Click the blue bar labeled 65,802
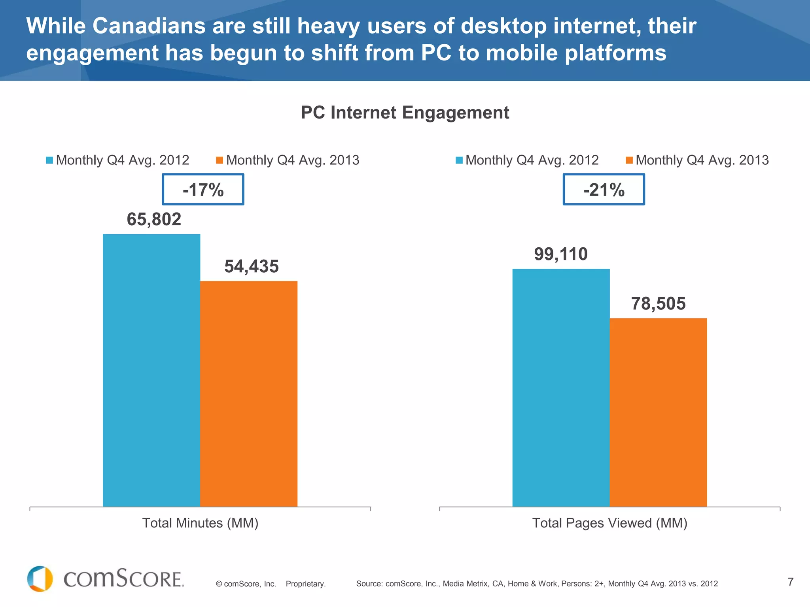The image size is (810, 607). [x=151, y=370]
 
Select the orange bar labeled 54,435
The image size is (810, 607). [x=249, y=394]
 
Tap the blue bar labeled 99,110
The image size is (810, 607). [x=561, y=388]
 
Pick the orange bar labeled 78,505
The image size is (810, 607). [x=658, y=412]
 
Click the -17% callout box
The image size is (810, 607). [x=203, y=189]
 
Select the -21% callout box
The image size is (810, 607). [x=604, y=189]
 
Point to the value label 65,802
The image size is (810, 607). [x=154, y=219]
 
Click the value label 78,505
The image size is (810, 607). [x=658, y=303]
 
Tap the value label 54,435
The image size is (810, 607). [x=252, y=266]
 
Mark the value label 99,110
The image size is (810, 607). [x=561, y=254]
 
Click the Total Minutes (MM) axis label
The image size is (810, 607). [x=200, y=523]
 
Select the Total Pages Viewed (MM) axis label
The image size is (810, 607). [x=609, y=523]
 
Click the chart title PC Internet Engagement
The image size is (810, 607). [x=405, y=113]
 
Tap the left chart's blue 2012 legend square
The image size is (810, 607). [x=49, y=160]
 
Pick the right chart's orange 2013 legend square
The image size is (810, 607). [x=629, y=160]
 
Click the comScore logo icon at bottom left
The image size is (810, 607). [x=40, y=579]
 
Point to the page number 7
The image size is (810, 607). [x=790, y=582]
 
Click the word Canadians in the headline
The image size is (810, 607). [x=149, y=26]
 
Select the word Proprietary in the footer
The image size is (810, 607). [x=305, y=584]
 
